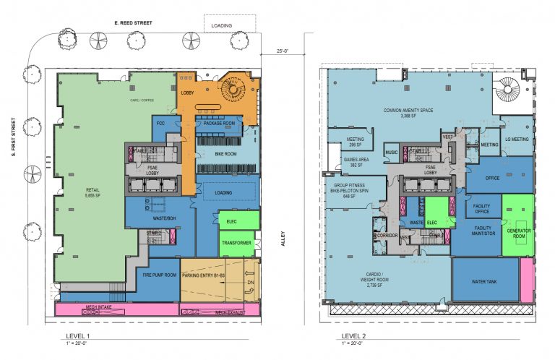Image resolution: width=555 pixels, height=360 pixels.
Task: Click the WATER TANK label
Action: pos(486,280)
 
